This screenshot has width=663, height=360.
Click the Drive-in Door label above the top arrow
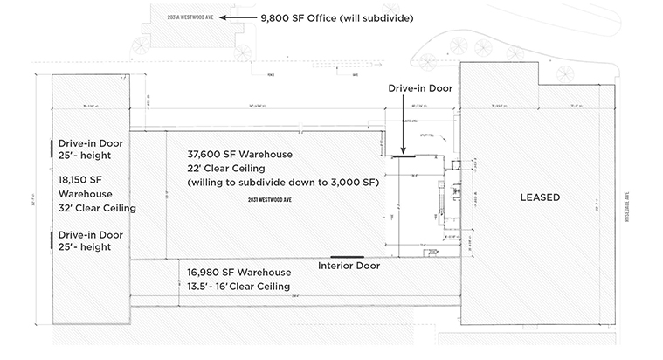(420, 88)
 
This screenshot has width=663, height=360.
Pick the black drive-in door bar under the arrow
(404, 158)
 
